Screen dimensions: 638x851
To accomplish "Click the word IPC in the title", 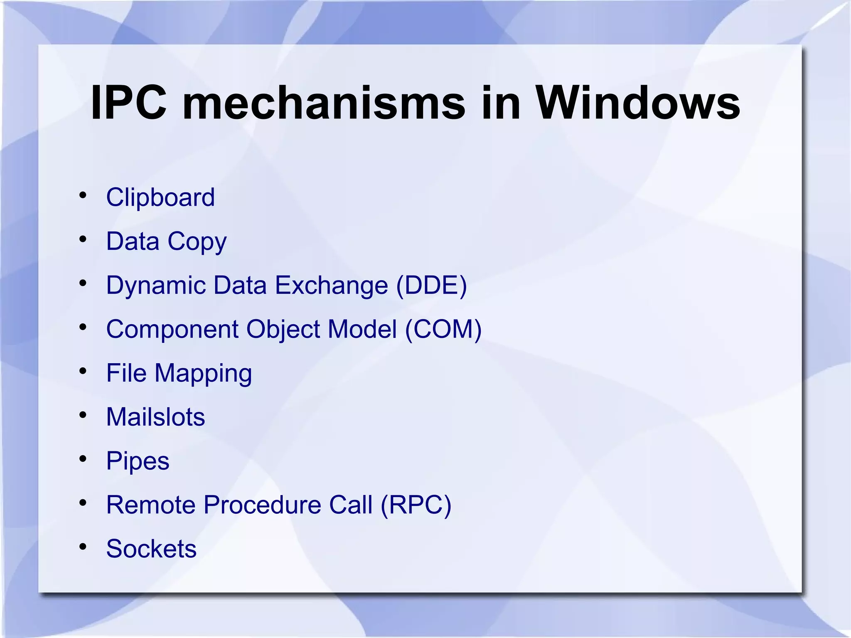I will coord(128,103).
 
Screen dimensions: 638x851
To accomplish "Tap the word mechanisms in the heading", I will coord(324,103).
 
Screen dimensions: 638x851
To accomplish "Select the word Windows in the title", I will coord(637,103).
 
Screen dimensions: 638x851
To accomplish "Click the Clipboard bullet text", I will coord(160,197).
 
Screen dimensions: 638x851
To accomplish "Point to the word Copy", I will coord(197,241).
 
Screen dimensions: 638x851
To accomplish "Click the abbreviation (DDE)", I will coord(431,286).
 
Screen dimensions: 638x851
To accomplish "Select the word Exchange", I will coord(331,286).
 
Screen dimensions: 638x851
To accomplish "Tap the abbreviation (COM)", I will coord(443,330).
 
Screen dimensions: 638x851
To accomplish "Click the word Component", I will coord(172,330).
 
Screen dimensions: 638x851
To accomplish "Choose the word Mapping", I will coord(203,373).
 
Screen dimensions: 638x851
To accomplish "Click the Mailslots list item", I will coord(155,417).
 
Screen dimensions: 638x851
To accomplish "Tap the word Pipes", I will coord(138,461).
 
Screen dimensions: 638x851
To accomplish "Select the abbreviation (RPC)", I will coord(416,505).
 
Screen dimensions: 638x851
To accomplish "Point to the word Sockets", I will coord(151,549).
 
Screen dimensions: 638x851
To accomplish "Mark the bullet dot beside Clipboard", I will coord(83,195).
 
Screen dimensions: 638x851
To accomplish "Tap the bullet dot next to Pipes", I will coord(83,458).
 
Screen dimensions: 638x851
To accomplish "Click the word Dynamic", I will coord(156,286).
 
